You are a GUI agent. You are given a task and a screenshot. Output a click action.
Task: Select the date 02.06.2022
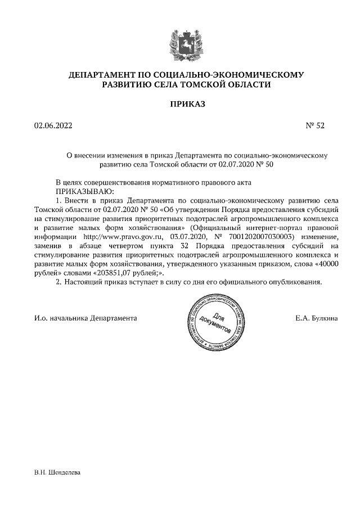coord(53,126)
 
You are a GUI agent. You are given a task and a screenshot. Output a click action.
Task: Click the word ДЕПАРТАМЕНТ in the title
coord(99,75)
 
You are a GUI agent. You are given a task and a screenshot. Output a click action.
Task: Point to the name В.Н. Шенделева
coord(58,472)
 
